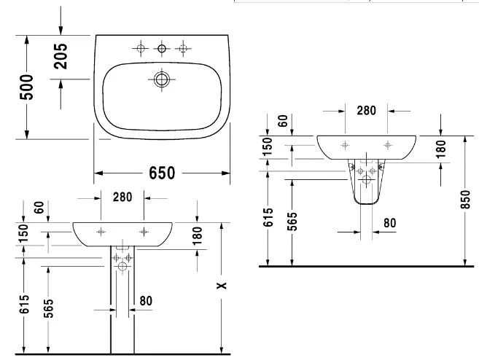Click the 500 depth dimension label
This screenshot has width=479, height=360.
point(27,88)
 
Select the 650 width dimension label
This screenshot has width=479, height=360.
point(162,173)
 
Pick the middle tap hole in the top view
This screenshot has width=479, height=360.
point(162,49)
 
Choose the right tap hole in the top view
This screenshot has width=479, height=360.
point(182,49)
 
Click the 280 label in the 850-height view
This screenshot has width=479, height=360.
point(366,111)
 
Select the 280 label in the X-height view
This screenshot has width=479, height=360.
point(122,197)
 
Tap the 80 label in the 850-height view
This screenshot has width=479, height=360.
point(389,222)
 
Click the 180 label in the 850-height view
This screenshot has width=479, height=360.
point(440,149)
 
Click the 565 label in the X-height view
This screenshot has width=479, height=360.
point(47,310)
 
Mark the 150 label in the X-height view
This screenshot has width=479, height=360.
point(24,234)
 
